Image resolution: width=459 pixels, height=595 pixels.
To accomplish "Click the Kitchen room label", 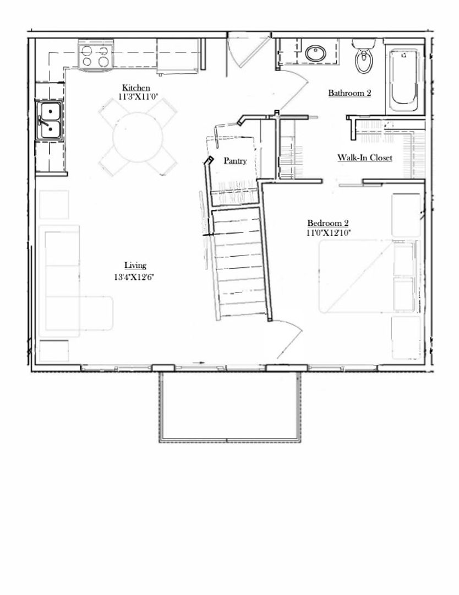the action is click(x=136, y=88).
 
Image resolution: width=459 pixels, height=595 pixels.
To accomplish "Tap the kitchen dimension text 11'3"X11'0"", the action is click(x=138, y=97).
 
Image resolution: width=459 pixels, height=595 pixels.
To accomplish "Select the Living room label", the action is click(x=135, y=266).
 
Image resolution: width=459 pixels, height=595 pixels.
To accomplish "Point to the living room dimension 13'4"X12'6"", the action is click(x=133, y=277).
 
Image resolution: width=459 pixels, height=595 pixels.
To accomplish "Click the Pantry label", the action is click(x=235, y=161).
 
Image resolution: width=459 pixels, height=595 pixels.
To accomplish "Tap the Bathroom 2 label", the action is click(x=349, y=93).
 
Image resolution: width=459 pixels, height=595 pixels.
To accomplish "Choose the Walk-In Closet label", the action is click(x=365, y=158).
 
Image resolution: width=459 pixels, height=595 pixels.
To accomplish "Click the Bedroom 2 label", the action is click(x=328, y=223).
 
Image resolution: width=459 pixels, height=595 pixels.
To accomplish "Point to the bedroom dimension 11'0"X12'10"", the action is click(x=328, y=232).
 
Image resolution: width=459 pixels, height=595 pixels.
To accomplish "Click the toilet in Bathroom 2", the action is click(x=364, y=56).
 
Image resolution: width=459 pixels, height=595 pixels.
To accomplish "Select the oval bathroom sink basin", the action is click(x=315, y=54).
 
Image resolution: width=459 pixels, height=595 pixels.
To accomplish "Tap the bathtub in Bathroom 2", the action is click(x=405, y=79).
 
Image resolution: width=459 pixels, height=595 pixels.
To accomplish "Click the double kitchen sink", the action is click(x=50, y=120).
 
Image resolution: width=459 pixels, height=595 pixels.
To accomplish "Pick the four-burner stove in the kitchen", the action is click(x=95, y=56).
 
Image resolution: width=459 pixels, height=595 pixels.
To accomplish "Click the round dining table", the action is click(x=138, y=137).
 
